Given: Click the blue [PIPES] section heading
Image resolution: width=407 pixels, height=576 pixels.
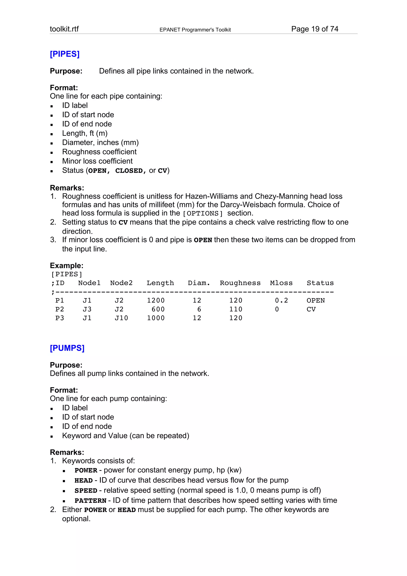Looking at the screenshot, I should [65, 54].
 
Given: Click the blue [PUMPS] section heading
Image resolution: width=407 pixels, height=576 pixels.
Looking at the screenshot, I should [67, 348].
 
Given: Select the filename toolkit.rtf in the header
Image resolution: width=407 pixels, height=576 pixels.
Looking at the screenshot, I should [64, 29].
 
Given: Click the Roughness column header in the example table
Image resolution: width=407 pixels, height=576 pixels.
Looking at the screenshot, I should [240, 283].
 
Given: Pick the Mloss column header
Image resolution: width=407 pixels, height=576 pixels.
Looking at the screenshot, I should [281, 283].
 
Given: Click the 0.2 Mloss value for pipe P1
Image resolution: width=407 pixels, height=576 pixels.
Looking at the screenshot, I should [281, 301].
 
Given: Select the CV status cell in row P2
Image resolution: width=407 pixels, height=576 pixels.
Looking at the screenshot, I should [311, 309].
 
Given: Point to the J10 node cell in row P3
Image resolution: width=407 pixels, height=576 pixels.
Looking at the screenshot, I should [121, 318].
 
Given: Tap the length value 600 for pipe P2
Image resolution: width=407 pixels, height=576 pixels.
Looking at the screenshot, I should [158, 309].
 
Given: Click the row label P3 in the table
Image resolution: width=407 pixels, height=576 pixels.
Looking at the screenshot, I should [60, 318].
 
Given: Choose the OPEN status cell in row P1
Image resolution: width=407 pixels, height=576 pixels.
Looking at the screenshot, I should [315, 301].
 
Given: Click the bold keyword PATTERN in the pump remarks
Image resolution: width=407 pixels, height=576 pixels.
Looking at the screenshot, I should [91, 501].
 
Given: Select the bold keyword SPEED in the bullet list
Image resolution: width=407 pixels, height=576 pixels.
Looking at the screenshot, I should [86, 491].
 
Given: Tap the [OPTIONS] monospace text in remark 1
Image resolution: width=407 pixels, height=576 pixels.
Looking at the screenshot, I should [203, 213].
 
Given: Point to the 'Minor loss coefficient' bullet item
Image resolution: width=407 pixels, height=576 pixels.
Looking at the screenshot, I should [97, 161].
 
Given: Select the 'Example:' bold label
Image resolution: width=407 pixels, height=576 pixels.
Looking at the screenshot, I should [66, 265].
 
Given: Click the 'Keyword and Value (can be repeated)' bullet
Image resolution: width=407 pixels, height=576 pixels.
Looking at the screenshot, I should [125, 435].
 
